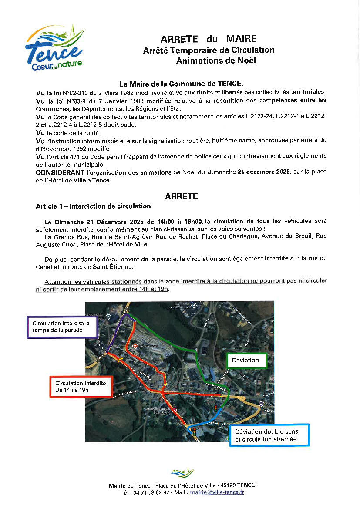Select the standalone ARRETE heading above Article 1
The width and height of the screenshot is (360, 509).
[x=181, y=196]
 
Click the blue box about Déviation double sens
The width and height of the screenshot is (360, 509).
[x=269, y=435]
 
